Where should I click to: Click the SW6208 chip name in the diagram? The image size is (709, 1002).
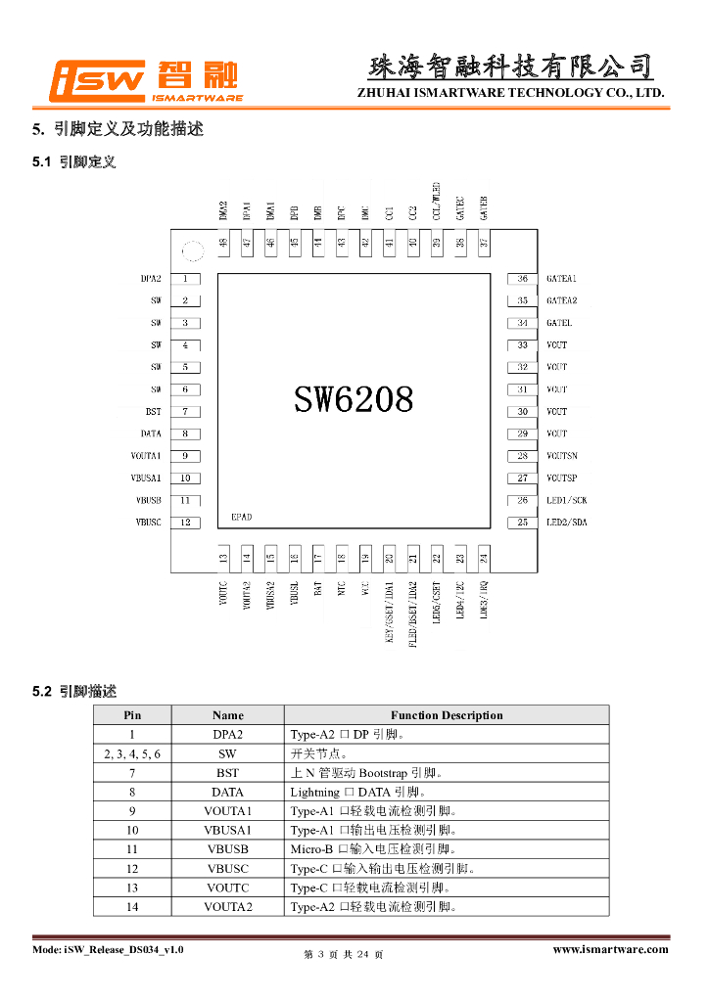click(354, 398)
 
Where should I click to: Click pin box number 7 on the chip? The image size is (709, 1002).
click(185, 412)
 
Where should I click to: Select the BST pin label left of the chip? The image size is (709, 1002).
click(154, 412)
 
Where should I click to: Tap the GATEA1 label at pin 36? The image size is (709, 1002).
click(561, 279)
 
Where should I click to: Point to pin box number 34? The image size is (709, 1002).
click(523, 323)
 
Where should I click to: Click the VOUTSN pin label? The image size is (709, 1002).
click(562, 456)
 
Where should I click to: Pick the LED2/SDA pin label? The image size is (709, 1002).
click(567, 523)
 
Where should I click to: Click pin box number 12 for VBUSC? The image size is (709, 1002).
click(185, 523)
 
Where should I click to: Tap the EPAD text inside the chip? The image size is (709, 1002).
click(242, 515)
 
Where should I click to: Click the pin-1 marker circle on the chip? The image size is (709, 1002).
click(192, 252)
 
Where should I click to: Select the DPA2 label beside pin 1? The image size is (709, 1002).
click(151, 279)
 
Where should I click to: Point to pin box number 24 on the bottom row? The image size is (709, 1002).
click(483, 559)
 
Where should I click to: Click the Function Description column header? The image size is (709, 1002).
click(447, 715)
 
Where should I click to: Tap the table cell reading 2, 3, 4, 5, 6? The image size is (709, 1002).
click(132, 754)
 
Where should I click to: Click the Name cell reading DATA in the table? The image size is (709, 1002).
click(227, 793)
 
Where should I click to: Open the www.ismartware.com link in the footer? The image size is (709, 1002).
click(610, 949)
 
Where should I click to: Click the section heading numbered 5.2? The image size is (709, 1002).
click(73, 692)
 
